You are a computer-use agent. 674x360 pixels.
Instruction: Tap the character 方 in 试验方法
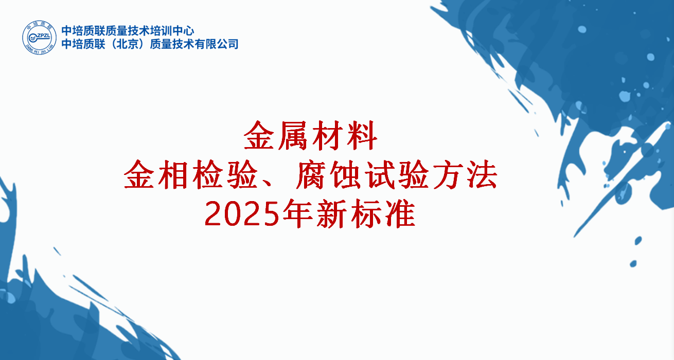point(448,175)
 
